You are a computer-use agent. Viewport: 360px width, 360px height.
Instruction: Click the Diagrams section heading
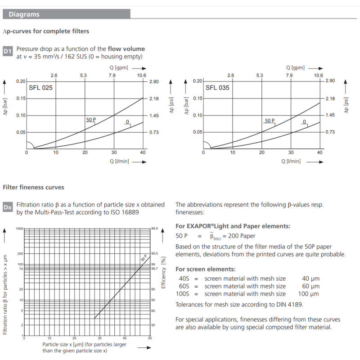24,14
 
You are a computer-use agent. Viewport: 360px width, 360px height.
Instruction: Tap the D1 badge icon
8,52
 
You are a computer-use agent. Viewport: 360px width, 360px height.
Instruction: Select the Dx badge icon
8,208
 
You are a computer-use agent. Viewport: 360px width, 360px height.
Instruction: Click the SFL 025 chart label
40,88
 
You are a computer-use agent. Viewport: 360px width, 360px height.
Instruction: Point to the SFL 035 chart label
217,88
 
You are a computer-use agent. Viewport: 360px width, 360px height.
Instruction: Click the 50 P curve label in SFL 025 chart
90,120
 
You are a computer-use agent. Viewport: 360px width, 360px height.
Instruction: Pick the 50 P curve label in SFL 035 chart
270,121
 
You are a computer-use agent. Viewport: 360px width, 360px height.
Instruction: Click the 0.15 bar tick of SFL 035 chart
198,98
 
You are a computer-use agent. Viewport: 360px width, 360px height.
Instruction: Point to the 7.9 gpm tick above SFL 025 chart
112,75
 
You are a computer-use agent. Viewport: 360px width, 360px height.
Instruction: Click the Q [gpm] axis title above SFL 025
119,67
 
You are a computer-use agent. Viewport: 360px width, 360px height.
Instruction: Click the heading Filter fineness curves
33,187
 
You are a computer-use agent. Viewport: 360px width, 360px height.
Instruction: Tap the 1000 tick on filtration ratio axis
19,229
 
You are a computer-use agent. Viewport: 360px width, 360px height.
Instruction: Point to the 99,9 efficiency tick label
154,229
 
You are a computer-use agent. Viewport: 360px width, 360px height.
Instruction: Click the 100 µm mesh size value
308,294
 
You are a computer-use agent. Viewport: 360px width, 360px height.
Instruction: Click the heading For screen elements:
205,269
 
